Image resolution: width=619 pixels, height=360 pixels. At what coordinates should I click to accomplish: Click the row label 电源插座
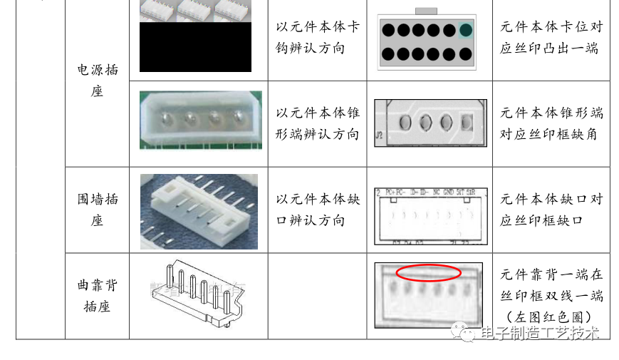click(x=97, y=81)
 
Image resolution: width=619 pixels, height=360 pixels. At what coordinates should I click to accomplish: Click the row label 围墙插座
click(x=97, y=210)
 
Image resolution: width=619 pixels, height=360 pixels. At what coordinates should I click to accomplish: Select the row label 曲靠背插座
click(x=97, y=296)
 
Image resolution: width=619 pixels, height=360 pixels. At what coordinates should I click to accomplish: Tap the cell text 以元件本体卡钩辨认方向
click(x=318, y=38)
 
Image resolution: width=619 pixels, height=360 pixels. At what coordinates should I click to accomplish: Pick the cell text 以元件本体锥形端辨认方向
click(x=318, y=123)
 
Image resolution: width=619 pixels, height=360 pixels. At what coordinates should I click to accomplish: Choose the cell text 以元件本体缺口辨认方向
click(x=318, y=210)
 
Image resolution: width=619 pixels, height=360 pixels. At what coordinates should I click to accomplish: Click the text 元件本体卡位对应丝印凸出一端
click(x=551, y=38)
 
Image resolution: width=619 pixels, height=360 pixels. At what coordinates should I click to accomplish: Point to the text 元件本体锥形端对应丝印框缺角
click(x=551, y=123)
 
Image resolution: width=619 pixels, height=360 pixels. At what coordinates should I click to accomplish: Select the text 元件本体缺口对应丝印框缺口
click(x=551, y=210)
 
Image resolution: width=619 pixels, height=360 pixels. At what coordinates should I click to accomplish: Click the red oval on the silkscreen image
click(x=429, y=272)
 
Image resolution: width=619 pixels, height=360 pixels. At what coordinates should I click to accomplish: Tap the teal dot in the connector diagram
click(x=466, y=30)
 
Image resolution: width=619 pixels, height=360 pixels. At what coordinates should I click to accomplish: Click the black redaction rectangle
click(x=195, y=47)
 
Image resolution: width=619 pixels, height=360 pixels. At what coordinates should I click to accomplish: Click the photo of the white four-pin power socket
click(x=201, y=119)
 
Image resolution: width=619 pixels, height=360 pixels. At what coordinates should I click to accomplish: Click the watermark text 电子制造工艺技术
click(x=539, y=333)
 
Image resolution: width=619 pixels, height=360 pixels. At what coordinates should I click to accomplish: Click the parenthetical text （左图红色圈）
click(x=551, y=317)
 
